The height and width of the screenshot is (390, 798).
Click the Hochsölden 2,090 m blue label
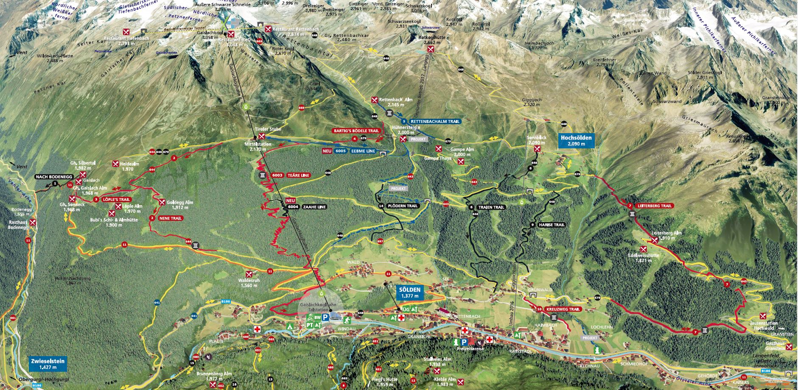pyautogui.click(x=576, y=140)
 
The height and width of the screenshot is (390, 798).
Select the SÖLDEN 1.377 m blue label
pyautogui.click(x=410, y=292)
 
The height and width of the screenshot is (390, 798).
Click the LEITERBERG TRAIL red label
pyautogui.click(x=655, y=206)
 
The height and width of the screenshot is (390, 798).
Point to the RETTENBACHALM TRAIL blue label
pyautogui.click(x=435, y=121)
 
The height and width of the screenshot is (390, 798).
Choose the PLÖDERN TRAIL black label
pyautogui.click(x=402, y=206)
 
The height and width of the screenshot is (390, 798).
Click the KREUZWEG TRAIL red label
pyautogui.click(x=563, y=309)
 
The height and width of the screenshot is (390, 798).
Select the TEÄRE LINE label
pyautogui.click(x=298, y=175)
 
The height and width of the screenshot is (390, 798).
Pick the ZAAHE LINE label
pyautogui.click(x=314, y=207)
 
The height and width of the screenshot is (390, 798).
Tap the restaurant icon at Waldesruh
pyautogui.click(x=249, y=274)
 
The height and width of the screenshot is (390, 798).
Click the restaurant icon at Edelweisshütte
pyautogui.click(x=644, y=249)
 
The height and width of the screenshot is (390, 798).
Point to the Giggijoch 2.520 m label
pyautogui.click(x=531, y=102)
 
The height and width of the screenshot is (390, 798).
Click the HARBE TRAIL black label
pyautogui.click(x=552, y=225)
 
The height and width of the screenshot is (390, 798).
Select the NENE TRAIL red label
pyautogui.click(x=170, y=218)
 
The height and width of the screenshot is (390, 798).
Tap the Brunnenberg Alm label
pyautogui.click(x=214, y=374)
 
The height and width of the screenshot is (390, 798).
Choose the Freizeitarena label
pyautogui.click(x=470, y=348)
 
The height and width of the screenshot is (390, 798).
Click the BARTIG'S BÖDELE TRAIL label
pyautogui.click(x=356, y=131)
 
